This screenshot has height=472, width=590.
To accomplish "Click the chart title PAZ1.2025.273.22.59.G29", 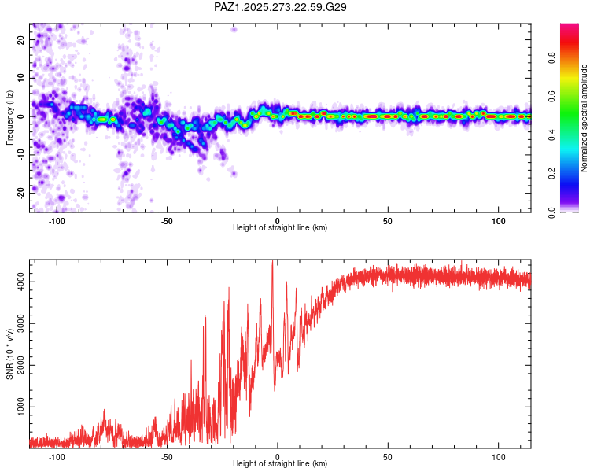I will click(280, 7).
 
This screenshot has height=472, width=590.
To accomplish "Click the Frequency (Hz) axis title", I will click(10, 118).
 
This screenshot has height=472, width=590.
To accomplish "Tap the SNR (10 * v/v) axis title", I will click(10, 354).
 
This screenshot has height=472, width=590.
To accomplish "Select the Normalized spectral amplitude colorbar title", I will click(584, 119).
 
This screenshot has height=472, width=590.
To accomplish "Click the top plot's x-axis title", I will click(280, 227).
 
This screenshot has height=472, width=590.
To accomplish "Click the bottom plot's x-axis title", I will click(280, 463).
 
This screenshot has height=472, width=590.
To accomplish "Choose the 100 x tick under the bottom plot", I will click(499, 455).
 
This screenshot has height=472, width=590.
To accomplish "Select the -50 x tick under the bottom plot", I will click(167, 455).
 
